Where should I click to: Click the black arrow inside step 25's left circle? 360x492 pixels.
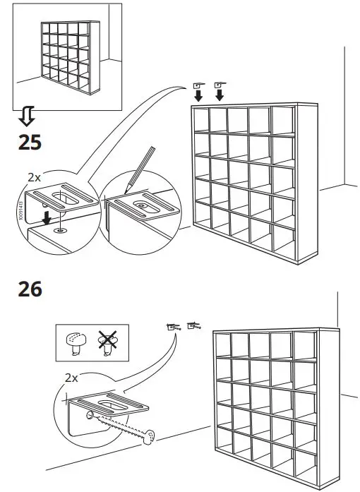[46, 217]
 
